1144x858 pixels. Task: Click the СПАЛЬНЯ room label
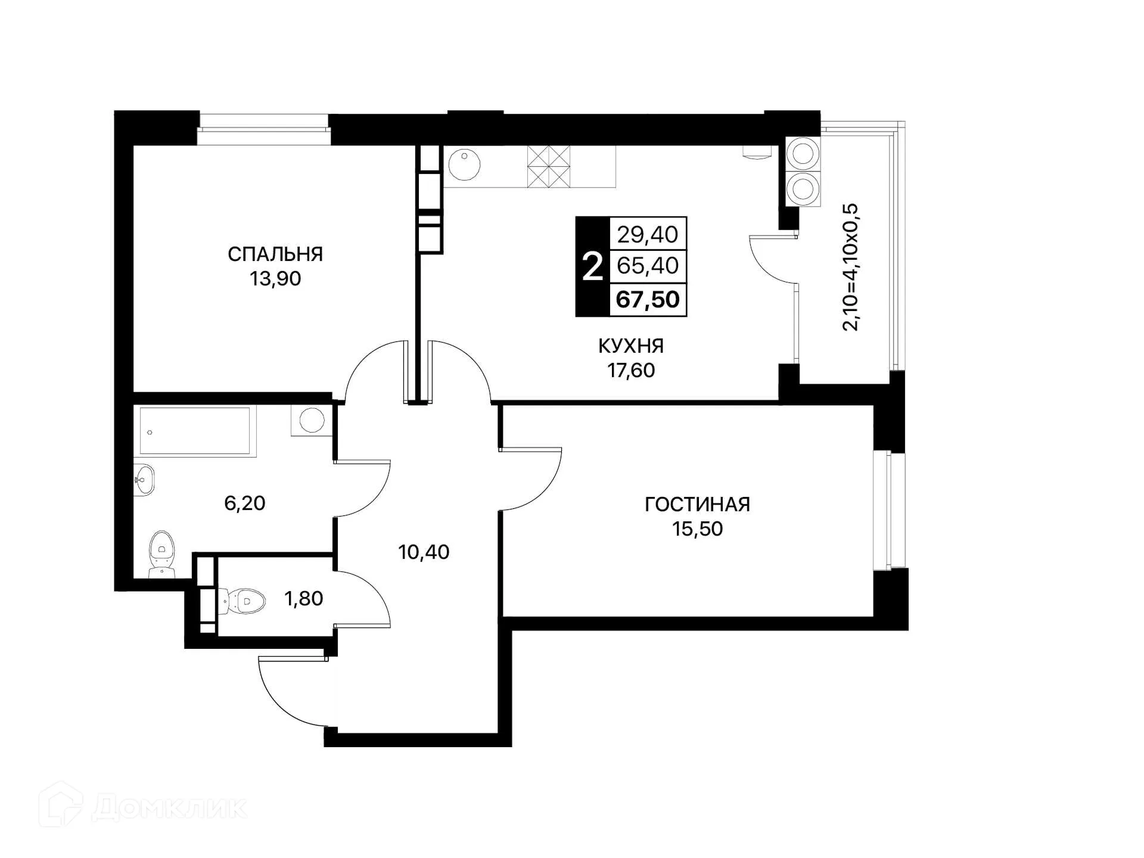pyautogui.click(x=275, y=254)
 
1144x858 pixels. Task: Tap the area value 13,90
pyautogui.click(x=275, y=278)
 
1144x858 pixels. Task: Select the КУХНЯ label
pyautogui.click(x=631, y=346)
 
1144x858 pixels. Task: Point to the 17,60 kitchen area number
pyautogui.click(x=631, y=370)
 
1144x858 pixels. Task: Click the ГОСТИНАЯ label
pyautogui.click(x=697, y=505)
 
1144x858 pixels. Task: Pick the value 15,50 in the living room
pyautogui.click(x=697, y=529)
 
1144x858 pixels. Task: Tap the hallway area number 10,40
pyautogui.click(x=424, y=552)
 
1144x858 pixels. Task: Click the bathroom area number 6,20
pyautogui.click(x=244, y=503)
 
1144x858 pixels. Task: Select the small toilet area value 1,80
pyautogui.click(x=304, y=598)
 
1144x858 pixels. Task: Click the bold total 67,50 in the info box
pyautogui.click(x=648, y=299)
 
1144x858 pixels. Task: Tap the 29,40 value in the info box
pyautogui.click(x=648, y=235)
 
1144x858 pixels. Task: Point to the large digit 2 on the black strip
pyautogui.click(x=592, y=267)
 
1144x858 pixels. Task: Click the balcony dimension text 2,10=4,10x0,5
pyautogui.click(x=850, y=267)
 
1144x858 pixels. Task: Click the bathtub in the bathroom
pyautogui.click(x=195, y=431)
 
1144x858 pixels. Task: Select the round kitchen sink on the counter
pyautogui.click(x=464, y=165)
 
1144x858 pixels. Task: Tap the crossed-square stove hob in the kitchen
pyautogui.click(x=549, y=166)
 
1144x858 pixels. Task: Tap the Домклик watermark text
pyautogui.click(x=170, y=808)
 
